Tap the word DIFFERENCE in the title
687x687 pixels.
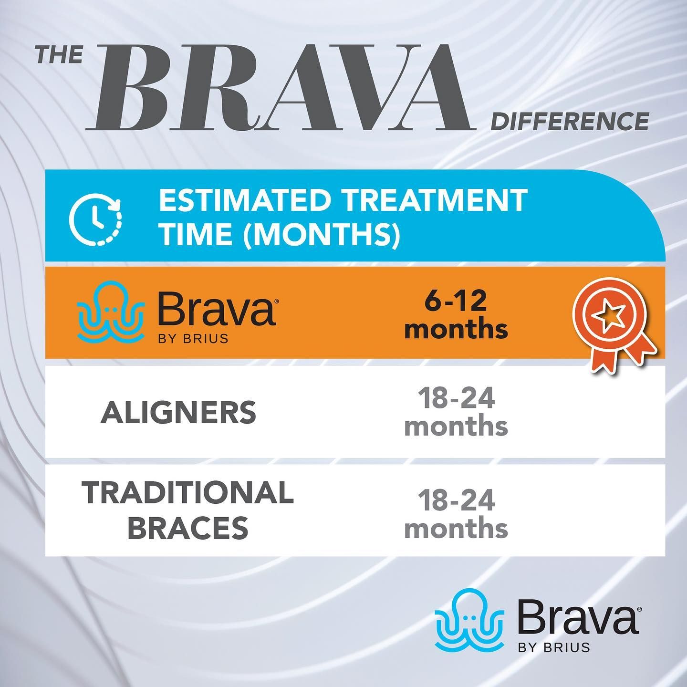(570, 122)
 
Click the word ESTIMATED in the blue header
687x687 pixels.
(244, 201)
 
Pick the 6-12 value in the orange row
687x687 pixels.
(456, 301)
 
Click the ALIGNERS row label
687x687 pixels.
(178, 413)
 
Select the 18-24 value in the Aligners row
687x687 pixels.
(456, 399)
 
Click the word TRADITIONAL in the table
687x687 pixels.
(187, 493)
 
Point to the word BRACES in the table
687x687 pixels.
(187, 528)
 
